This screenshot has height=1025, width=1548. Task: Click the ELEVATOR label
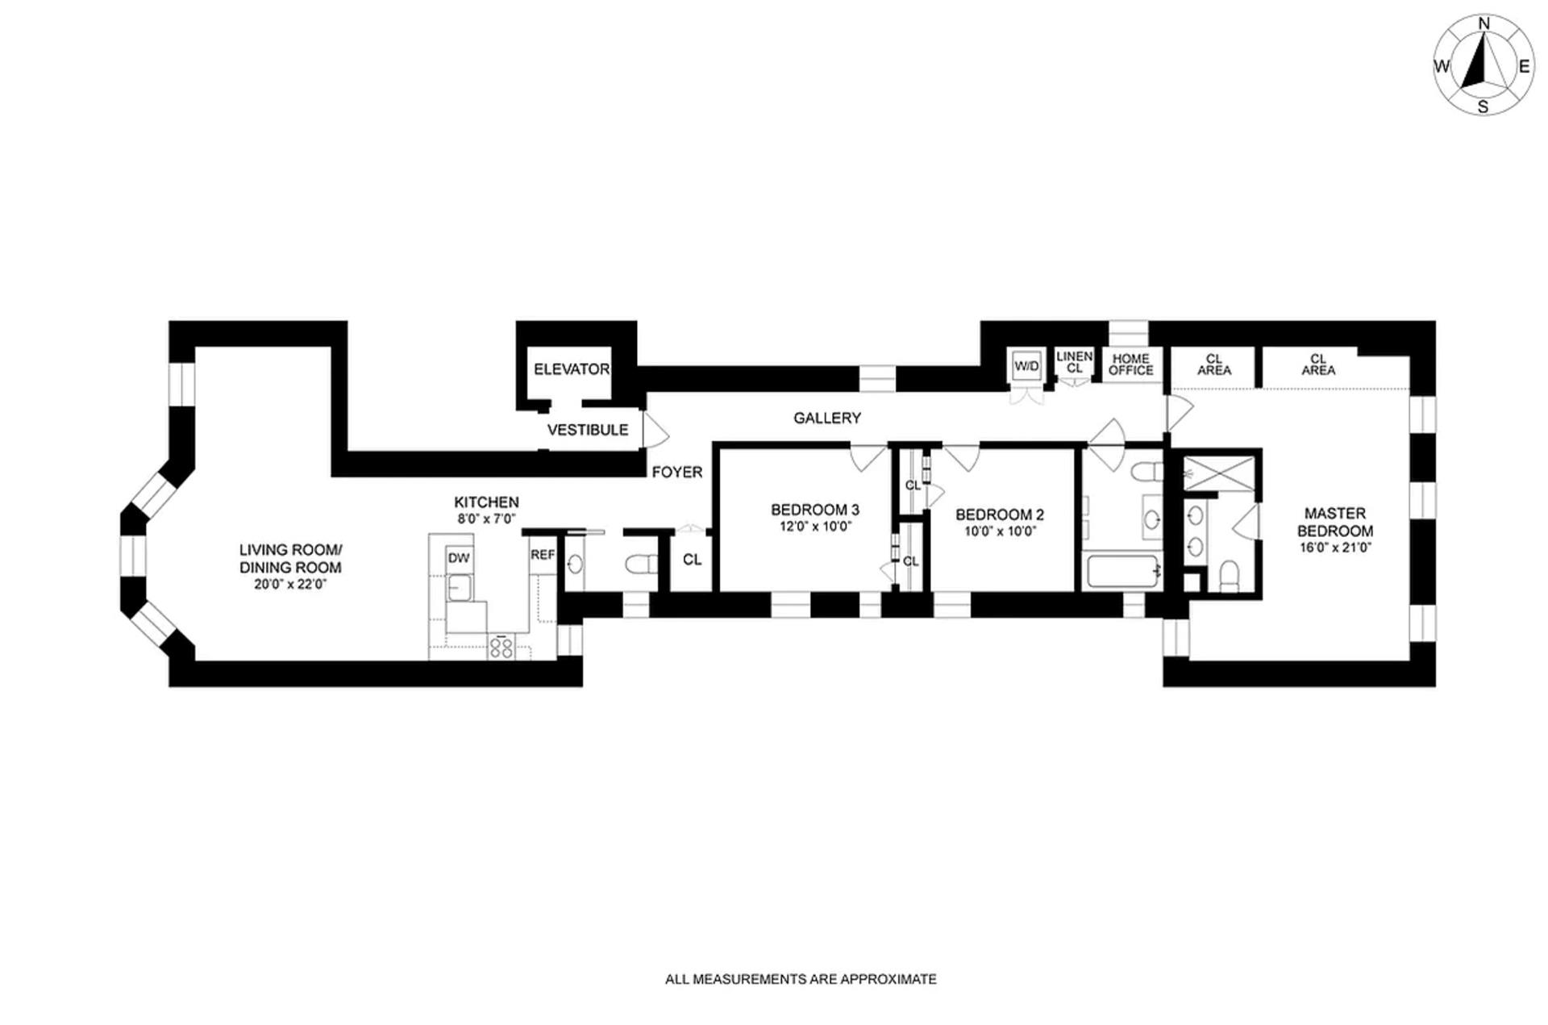click(571, 369)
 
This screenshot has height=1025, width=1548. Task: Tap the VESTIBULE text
click(587, 430)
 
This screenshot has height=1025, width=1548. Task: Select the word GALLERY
click(826, 418)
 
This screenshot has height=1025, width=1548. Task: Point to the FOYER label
click(676, 473)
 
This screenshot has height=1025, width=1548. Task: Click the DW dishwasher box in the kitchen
click(458, 558)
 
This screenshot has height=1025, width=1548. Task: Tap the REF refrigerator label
click(542, 555)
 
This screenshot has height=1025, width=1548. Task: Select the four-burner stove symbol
click(501, 647)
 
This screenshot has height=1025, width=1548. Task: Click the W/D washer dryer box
click(1026, 366)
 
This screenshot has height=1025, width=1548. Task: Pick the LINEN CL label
click(1074, 362)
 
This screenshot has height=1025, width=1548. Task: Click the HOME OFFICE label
click(1130, 365)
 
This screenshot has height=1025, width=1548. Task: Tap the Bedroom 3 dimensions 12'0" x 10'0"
click(814, 527)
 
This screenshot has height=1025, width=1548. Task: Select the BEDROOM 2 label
click(999, 515)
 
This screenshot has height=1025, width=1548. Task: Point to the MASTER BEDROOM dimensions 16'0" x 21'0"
click(1334, 548)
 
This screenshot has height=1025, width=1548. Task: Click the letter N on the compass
click(1483, 24)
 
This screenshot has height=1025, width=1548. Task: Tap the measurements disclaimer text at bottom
click(800, 979)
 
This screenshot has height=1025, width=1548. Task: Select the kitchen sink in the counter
click(461, 589)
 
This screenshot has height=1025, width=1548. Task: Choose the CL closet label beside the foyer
click(692, 560)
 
